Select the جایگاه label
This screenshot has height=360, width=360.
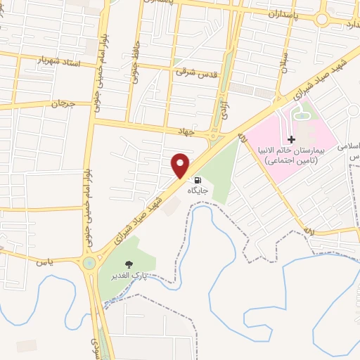(198, 190)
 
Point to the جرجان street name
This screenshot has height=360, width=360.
(63, 103)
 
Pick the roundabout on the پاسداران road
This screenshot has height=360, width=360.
(322, 18)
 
